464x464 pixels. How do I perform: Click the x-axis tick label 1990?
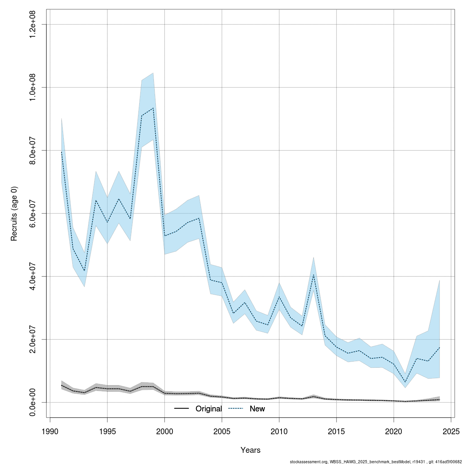(50, 431)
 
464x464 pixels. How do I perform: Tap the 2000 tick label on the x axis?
(165, 431)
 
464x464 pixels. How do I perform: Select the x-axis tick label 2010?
(279, 431)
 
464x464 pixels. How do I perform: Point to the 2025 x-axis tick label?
(451, 431)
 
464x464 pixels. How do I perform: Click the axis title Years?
(250, 450)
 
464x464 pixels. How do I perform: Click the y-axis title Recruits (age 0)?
(14, 213)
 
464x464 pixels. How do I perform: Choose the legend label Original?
(208, 409)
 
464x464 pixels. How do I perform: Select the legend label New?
(257, 409)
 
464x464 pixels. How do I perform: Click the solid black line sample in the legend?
(181, 409)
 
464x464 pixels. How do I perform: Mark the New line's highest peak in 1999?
(153, 108)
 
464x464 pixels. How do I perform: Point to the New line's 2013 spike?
(314, 275)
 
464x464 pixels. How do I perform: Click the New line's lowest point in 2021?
(405, 382)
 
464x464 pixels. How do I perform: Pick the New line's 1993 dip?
(84, 271)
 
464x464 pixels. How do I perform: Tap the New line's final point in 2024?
(439, 348)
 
